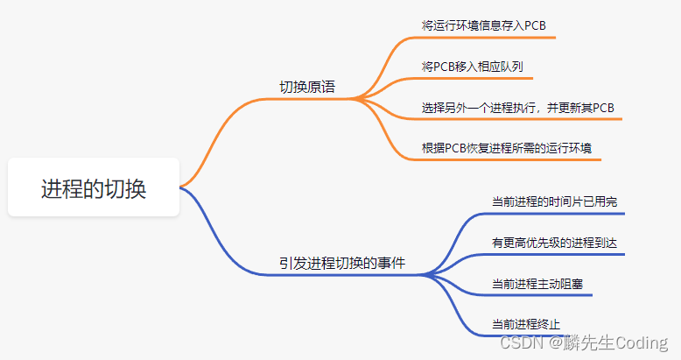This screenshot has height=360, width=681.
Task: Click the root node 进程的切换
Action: pos(94,187)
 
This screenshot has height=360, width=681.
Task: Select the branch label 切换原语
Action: pos(307,87)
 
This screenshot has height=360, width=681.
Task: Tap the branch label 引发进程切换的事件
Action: pos(342,263)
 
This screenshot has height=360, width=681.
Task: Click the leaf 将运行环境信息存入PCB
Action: pos(483,25)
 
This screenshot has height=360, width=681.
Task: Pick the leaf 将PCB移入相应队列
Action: pos(472,67)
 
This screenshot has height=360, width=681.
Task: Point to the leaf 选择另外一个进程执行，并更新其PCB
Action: pos(517,108)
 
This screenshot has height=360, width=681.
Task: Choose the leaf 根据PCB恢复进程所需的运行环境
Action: pos(507,148)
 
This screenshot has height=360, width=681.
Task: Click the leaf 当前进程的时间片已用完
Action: pos(554,201)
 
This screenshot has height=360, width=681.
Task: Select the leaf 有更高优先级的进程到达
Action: pos(554,243)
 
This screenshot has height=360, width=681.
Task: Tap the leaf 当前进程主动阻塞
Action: pos(537,284)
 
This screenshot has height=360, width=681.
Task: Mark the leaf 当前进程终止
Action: pos(526,324)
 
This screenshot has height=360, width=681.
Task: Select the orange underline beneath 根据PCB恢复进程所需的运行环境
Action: pos(507,160)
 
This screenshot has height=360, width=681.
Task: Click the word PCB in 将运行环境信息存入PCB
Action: pos(535,25)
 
